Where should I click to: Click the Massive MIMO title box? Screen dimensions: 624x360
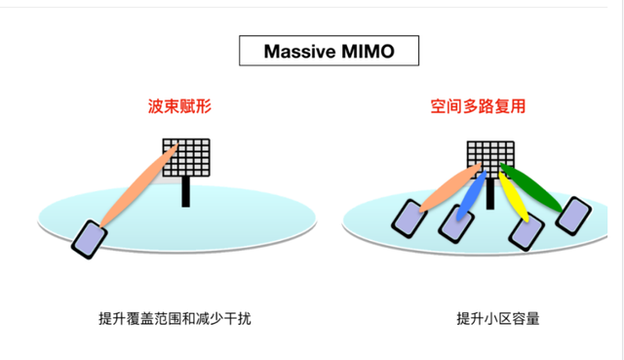328,51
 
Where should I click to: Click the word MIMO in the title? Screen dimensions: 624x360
368,51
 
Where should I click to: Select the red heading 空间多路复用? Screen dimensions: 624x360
478,105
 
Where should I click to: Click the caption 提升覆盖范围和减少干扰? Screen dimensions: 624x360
175,318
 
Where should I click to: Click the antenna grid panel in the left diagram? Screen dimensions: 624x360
187,159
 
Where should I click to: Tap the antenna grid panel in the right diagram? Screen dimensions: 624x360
490,158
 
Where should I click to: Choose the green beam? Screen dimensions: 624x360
534,188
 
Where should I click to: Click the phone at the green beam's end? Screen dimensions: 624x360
573,216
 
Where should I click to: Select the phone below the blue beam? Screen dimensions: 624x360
454,226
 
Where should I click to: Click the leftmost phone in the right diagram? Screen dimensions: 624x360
408,218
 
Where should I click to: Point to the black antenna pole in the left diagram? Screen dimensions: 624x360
186,192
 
